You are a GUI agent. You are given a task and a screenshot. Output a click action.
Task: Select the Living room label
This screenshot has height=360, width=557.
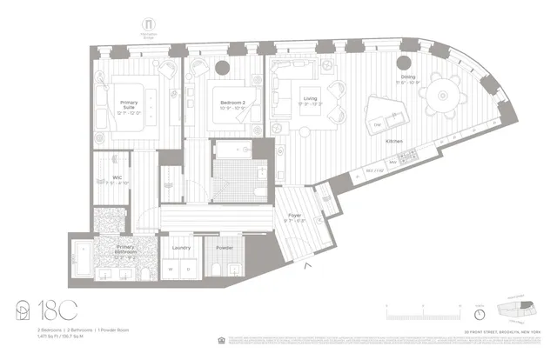point(311,99)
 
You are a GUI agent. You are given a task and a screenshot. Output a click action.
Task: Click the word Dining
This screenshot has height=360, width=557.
point(408,77)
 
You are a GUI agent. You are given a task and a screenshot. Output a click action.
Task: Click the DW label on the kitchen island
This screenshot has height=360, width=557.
point(378,125)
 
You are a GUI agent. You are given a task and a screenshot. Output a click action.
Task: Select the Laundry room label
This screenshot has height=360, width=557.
point(181,248)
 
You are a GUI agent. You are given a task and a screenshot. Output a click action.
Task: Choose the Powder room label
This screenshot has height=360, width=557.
point(225,248)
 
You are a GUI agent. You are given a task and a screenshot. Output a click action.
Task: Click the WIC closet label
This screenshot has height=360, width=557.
point(113,181)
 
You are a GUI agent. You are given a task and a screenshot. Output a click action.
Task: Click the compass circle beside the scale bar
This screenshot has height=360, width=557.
point(479,313)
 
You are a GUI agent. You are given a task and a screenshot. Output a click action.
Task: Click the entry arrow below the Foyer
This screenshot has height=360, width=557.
point(305,267)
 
